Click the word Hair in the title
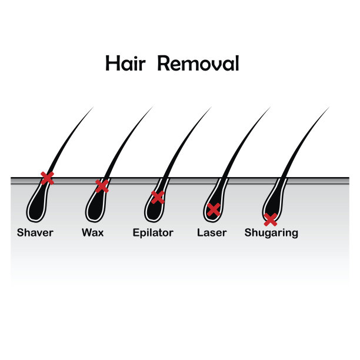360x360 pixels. click(x=125, y=63)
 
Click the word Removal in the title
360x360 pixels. click(x=198, y=63)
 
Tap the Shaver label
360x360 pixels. click(x=35, y=232)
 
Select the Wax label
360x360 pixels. click(x=93, y=232)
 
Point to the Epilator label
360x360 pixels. click(x=153, y=232)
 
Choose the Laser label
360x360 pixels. click(x=212, y=232)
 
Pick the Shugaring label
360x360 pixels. click(x=271, y=233)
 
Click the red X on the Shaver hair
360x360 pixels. click(x=47, y=178)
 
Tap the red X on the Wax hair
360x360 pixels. click(x=102, y=186)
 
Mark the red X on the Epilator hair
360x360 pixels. click(x=158, y=197)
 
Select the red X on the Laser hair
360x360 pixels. click(x=214, y=209)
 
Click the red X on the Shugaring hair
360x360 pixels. click(x=270, y=219)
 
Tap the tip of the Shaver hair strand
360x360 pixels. click(x=93, y=108)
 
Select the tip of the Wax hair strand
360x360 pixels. click(x=152, y=108)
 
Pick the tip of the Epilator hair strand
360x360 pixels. click(x=211, y=108)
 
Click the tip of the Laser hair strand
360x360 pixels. click(x=269, y=108)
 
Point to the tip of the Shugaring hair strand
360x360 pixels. click(x=328, y=108)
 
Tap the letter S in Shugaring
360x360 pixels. click(x=248, y=232)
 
